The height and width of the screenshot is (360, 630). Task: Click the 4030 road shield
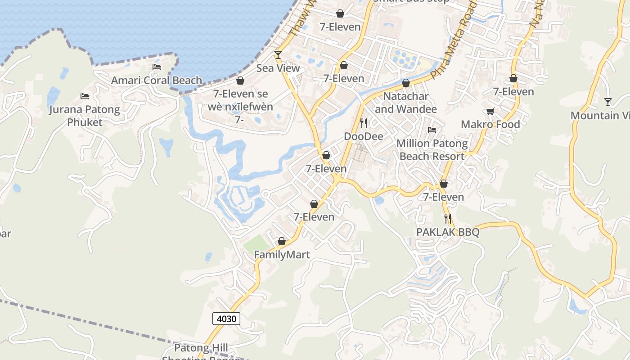226,319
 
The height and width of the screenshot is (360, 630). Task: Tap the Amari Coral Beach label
157,81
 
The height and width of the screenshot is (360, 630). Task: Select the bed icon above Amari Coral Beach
157,67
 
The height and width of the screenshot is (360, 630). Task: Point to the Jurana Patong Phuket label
85,116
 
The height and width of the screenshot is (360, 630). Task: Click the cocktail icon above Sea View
278,55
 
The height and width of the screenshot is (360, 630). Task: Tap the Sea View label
278,68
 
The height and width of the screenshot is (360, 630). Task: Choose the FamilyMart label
282,255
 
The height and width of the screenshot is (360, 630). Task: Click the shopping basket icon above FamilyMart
282,242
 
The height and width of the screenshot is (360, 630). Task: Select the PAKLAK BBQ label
448,232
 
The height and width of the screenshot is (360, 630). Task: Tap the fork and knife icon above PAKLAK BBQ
448,219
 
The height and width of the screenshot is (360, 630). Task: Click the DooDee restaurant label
364,136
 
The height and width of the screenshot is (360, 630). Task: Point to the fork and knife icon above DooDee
364,123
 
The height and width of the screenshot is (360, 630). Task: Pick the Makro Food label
490,124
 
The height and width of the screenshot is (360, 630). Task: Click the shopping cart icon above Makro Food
490,111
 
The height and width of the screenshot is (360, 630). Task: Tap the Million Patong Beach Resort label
432,150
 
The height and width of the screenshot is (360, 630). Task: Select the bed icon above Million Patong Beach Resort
432,130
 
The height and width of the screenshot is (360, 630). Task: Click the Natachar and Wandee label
406,103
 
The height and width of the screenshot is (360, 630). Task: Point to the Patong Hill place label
201,348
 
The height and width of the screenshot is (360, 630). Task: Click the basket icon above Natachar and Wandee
406,83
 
